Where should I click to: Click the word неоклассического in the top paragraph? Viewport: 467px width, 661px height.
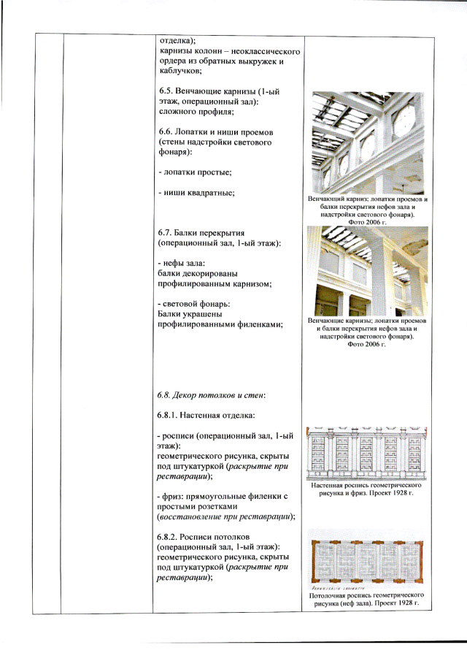[x=266, y=51]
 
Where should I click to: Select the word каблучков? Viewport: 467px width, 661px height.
[x=180, y=72]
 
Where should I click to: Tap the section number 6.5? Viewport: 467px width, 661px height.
[x=166, y=91]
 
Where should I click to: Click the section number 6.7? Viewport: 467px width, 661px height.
[x=165, y=233]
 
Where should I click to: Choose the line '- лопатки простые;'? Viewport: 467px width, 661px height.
[x=196, y=172]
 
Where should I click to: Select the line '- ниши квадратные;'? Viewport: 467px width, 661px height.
[x=196, y=193]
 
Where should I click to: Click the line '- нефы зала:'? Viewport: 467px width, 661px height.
[x=181, y=264]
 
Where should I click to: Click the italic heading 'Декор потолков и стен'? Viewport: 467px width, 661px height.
[x=218, y=395]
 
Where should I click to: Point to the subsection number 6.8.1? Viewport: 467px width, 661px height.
[x=167, y=416]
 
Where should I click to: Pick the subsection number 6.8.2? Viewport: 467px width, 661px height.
[x=167, y=537]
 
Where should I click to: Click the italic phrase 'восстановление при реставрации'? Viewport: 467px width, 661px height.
[x=225, y=516]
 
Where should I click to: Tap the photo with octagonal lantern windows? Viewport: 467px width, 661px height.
[x=368, y=143]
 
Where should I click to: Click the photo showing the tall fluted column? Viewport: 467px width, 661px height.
[x=367, y=271]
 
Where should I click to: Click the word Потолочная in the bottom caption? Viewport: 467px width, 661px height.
[x=327, y=595]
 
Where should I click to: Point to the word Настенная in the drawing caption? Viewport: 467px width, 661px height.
[x=326, y=485]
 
